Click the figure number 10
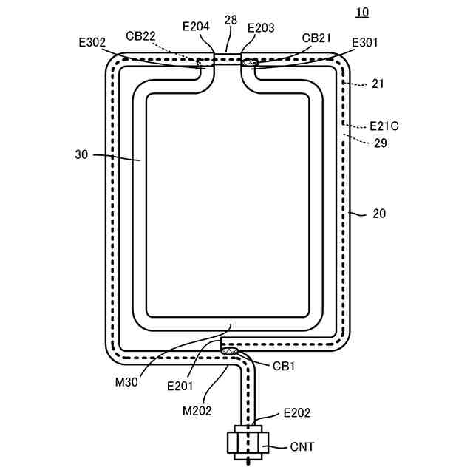coord(361,13)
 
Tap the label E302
coord(91,42)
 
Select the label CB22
coord(140,35)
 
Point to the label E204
coord(196,27)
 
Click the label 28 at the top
coord(231,20)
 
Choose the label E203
coord(261,27)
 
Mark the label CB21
coord(316,36)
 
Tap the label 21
coord(378,84)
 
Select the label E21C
coord(383,126)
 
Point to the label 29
coord(381,143)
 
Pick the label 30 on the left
coord(81,155)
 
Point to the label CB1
coord(284,365)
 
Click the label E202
coord(297,414)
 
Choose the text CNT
coord(302,447)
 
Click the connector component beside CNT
coord(248,443)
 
